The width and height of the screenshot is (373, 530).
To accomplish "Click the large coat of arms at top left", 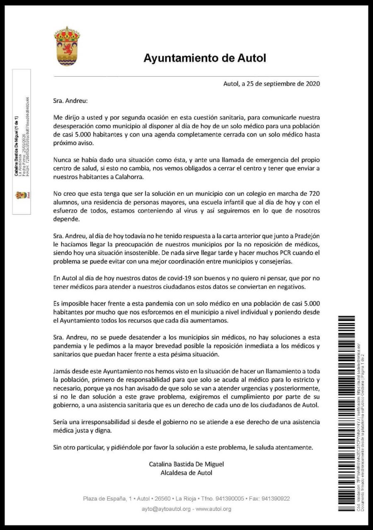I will [67, 46].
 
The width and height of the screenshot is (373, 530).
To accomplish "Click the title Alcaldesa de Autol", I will [186, 472].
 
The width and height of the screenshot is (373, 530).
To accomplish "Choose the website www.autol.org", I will [213, 509].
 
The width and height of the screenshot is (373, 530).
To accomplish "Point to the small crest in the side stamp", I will [19, 195].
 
